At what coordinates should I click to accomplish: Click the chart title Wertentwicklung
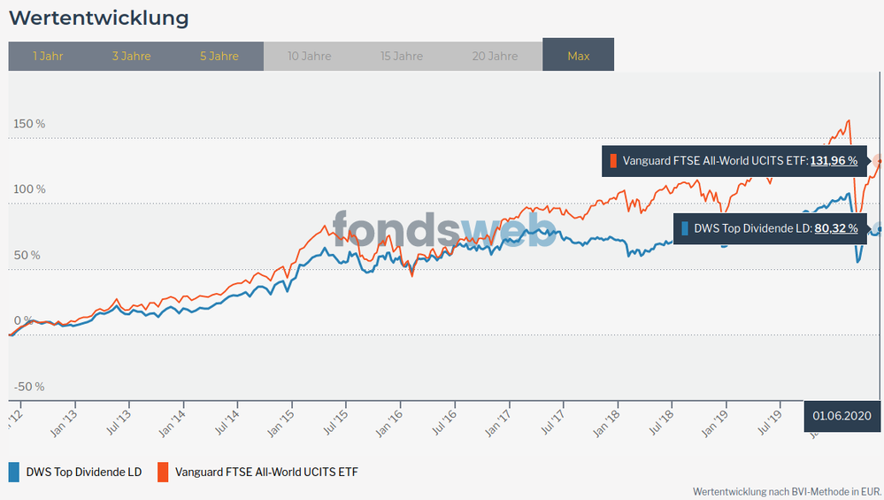98,17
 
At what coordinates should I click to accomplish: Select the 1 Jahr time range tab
48,56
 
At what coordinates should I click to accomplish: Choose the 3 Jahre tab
131,56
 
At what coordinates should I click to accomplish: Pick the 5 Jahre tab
219,56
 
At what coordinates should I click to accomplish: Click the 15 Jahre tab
402,56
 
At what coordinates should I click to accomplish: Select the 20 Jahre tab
495,56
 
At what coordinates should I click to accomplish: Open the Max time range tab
578,56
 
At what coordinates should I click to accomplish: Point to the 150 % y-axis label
29,123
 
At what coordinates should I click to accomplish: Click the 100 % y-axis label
29,189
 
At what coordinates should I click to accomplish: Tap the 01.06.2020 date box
842,416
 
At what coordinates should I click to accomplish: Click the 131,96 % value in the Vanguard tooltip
834,161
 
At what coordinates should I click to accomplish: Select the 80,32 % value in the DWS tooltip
834,228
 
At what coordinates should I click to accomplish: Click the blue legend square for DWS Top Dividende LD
15,472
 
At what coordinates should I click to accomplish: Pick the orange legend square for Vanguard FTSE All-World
164,472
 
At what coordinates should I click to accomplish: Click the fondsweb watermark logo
445,228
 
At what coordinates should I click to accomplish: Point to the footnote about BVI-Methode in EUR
787,490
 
